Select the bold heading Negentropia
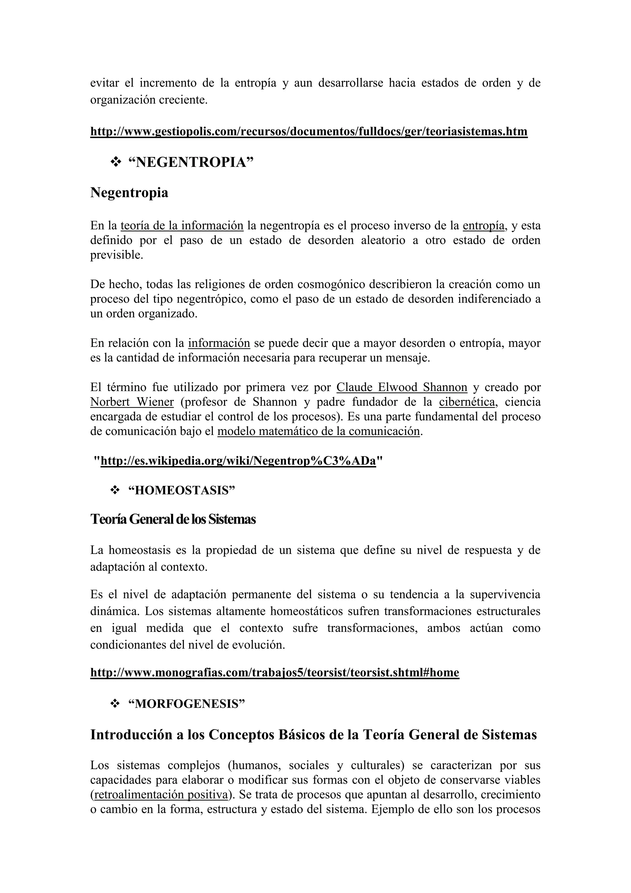coord(129,192)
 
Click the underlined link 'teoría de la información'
coord(182,226)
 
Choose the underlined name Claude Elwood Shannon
coord(402,387)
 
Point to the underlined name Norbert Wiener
coord(132,402)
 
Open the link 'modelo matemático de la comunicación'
coord(319,431)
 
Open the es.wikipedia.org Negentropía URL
coord(238,461)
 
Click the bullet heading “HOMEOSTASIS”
coord(182,491)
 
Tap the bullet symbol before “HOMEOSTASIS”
coord(115,491)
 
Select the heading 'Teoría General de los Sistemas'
coord(173,519)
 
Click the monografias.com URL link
coord(275,673)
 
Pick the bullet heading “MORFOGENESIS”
coord(186,704)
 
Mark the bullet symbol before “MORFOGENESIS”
coord(115,704)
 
